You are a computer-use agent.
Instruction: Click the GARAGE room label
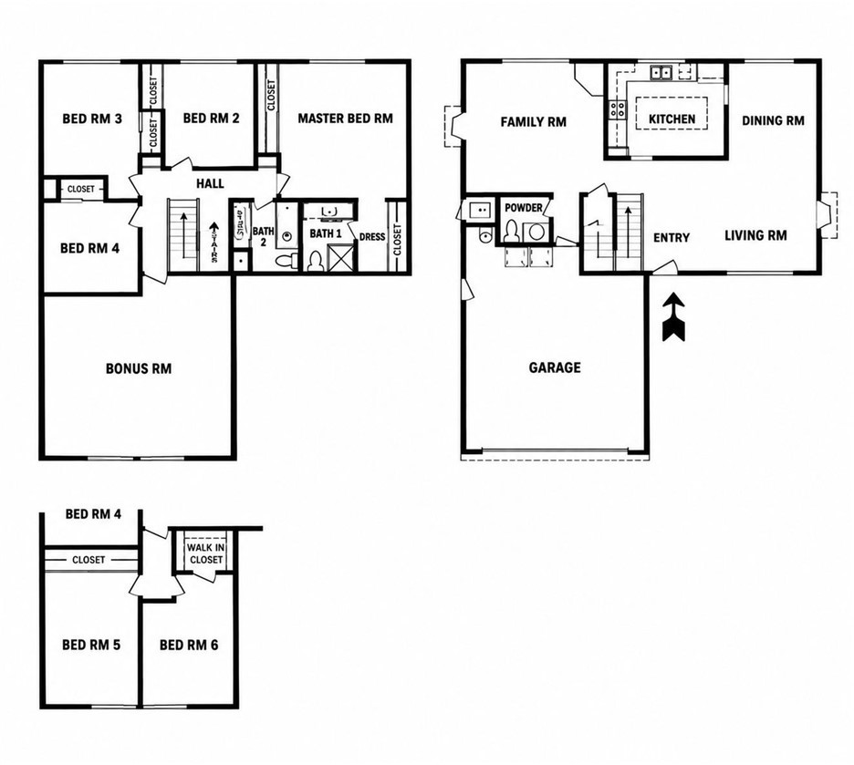pos(555,367)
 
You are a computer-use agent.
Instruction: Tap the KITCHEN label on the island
pos(672,119)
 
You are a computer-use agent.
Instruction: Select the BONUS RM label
pos(139,369)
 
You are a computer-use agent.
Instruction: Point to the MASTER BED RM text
pos(345,118)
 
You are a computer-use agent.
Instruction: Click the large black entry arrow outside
pos(673,316)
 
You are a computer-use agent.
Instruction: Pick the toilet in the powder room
pos(512,231)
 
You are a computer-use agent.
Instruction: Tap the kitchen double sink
pos(662,71)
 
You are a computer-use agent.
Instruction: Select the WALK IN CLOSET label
pos(206,553)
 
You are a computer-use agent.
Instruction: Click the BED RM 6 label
pos(189,646)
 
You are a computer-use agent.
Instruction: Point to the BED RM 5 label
pos(91,646)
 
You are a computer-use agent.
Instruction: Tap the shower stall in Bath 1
pos(339,257)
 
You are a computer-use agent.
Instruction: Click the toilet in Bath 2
pos(286,260)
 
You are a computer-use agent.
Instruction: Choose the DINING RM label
pos(773,120)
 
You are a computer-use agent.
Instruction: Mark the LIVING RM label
pos(755,235)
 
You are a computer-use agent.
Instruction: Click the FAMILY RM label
pos(533,122)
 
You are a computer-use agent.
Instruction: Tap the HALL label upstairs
pos(210,183)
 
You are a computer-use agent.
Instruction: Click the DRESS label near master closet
pos(372,237)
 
